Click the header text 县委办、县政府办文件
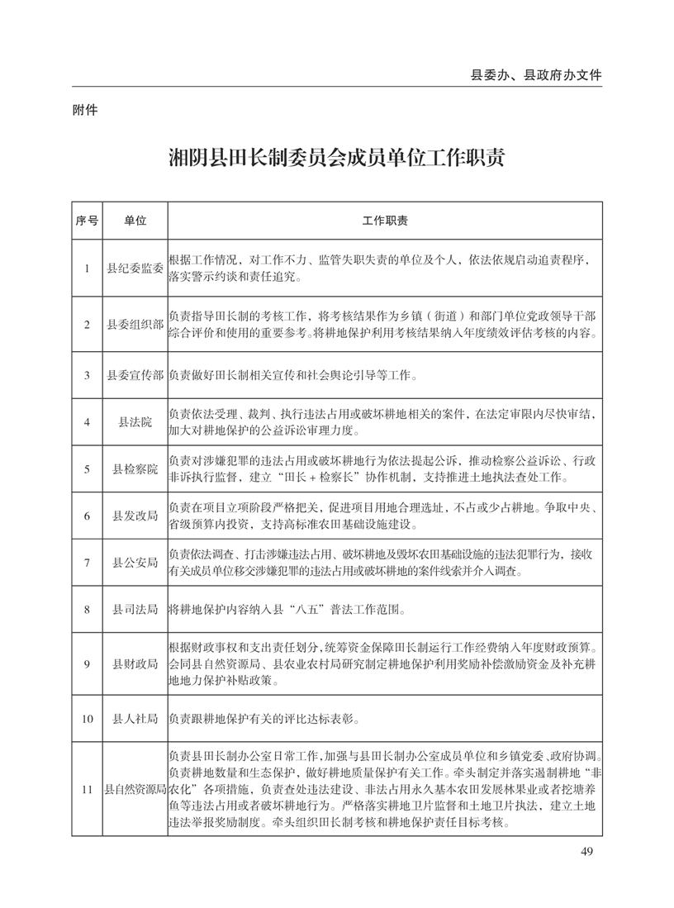(536, 74)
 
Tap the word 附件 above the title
(86, 108)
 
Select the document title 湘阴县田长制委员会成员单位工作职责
(336, 158)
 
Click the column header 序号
(87, 221)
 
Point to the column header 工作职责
(384, 221)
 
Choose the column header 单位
(135, 221)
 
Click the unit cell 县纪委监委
(135, 268)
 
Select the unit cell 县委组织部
(135, 324)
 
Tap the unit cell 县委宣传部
(135, 375)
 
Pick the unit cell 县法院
(135, 422)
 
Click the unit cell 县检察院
(135, 469)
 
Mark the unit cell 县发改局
(135, 516)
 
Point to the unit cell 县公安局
(135, 563)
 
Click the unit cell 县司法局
(135, 610)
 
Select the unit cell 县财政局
(135, 664)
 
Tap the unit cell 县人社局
(135, 719)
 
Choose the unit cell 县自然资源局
(135, 791)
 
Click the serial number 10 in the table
(87, 719)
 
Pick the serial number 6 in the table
(87, 516)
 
